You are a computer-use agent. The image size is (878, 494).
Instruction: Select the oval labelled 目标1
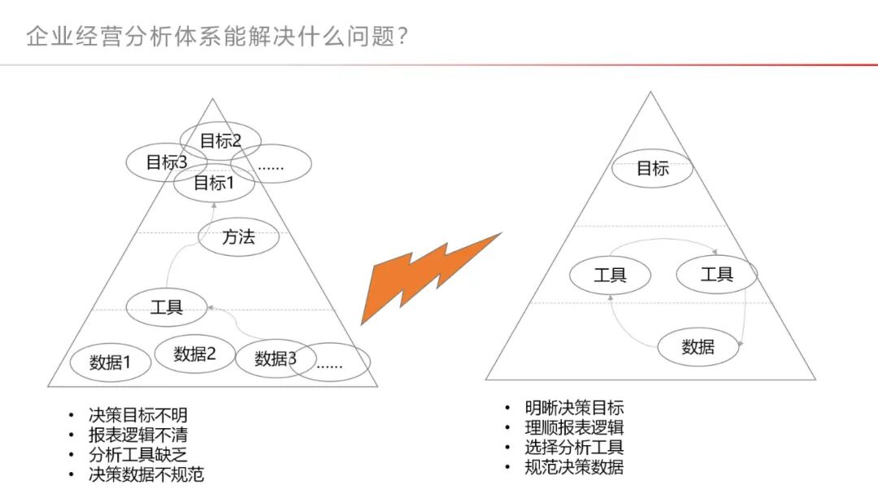(214, 183)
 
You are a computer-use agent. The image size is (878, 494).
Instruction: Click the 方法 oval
(238, 237)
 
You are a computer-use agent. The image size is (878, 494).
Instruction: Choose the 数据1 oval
(110, 363)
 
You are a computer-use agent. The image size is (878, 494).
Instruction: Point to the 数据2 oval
(194, 353)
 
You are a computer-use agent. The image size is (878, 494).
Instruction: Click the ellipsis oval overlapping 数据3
(333, 365)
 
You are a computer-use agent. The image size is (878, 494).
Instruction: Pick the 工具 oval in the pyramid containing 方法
(167, 307)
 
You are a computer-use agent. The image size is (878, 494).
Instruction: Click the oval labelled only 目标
(652, 169)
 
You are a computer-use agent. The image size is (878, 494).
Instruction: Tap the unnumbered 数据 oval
(698, 347)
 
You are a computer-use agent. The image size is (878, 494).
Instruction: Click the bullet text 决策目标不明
(138, 415)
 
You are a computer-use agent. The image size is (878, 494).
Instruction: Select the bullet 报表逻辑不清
(138, 435)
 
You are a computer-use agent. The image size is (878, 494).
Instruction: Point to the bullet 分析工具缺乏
(138, 454)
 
